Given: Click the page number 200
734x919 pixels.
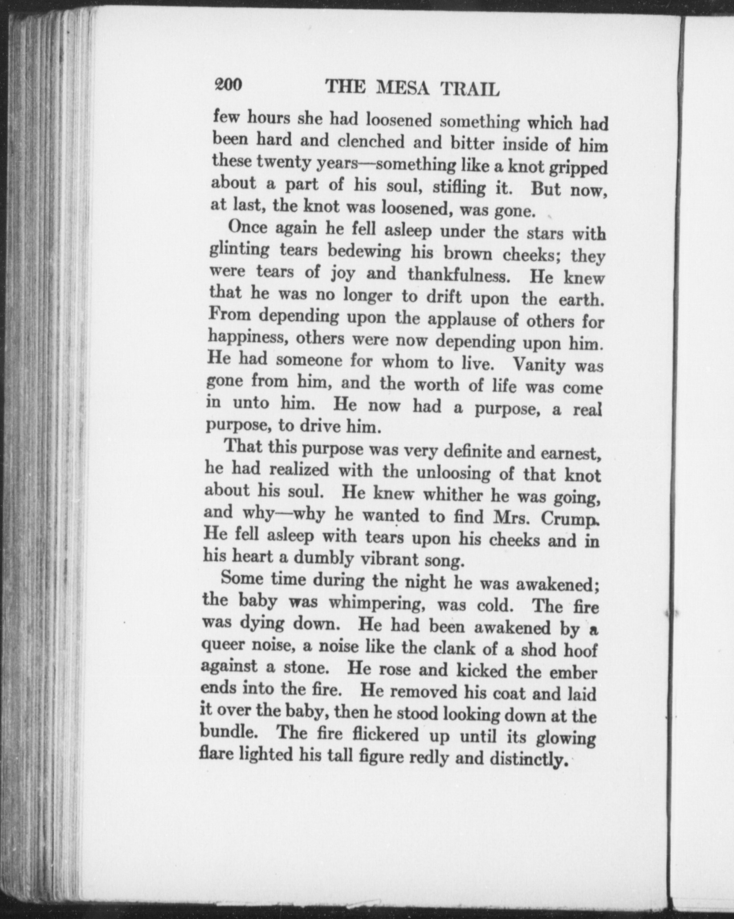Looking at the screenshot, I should point(228,84).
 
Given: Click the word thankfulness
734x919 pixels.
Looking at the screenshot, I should point(458,275).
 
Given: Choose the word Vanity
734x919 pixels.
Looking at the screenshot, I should point(539,365).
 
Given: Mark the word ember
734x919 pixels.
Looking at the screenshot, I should point(572,673).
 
